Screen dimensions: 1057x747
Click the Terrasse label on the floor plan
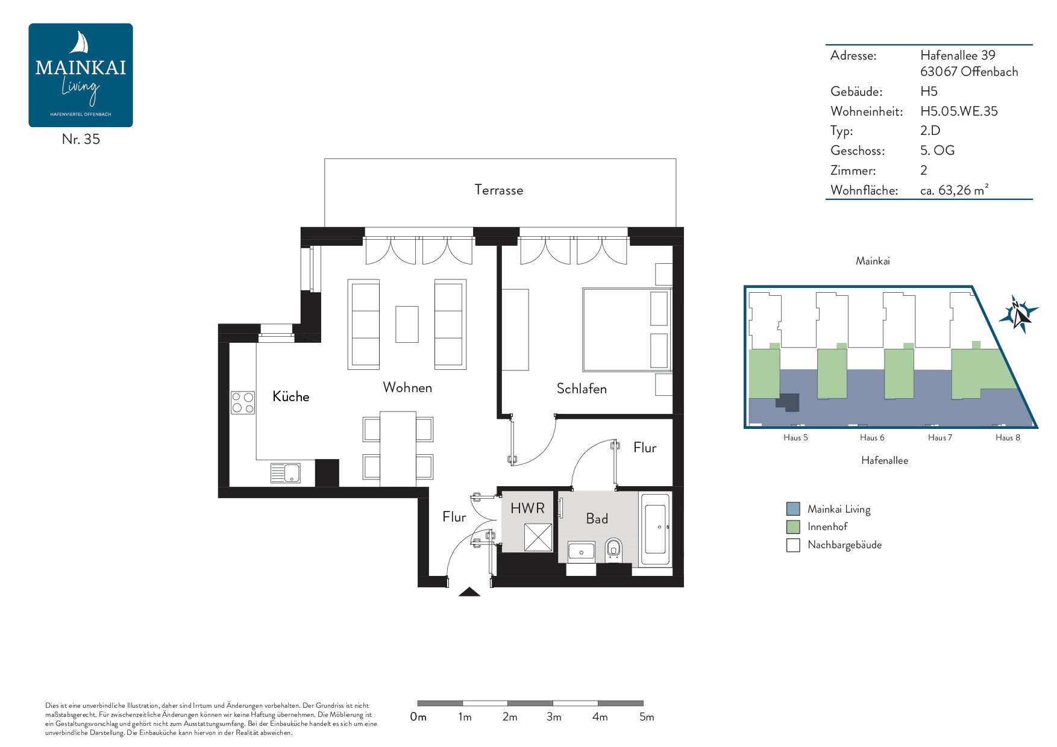coord(498,190)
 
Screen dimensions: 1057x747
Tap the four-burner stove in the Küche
coord(243,402)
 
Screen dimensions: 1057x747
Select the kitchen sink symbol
coord(285,473)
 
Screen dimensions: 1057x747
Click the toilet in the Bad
coord(613,549)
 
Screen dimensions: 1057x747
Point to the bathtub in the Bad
coord(655,530)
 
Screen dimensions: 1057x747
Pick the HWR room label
coord(527,508)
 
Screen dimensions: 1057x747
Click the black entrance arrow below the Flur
coord(469,592)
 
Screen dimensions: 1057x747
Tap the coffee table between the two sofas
coord(407,324)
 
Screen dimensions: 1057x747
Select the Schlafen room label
coord(582,389)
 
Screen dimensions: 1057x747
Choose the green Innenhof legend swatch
coord(793,527)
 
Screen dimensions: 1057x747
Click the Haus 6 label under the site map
coord(872,437)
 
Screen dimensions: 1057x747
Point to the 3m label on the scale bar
coord(554,717)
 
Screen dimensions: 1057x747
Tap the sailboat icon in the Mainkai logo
coord(80,43)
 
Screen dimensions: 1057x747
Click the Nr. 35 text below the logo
coord(81,139)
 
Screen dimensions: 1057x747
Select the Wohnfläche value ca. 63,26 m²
coord(955,190)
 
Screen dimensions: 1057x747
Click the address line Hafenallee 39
coord(958,55)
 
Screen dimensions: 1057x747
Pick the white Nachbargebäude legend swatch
coord(793,545)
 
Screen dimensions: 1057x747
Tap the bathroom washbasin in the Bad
coord(581,551)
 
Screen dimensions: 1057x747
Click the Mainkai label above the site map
coord(873,261)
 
